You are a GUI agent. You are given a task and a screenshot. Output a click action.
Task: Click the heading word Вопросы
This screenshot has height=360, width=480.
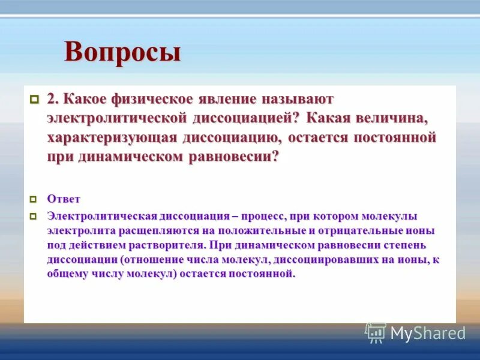(x=122, y=52)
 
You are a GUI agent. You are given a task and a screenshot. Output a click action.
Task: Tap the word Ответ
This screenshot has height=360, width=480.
(x=64, y=199)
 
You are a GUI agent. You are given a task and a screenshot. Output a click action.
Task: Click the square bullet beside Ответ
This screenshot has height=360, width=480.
(x=34, y=199)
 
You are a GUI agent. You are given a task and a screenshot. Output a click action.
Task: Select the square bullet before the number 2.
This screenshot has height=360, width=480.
(x=34, y=98)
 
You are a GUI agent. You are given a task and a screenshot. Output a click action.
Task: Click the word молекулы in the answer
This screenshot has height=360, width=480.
(x=389, y=216)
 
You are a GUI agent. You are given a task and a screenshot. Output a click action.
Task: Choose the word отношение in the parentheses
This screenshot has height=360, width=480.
(x=152, y=259)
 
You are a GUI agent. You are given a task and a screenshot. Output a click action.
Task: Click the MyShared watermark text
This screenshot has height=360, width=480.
(x=428, y=333)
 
